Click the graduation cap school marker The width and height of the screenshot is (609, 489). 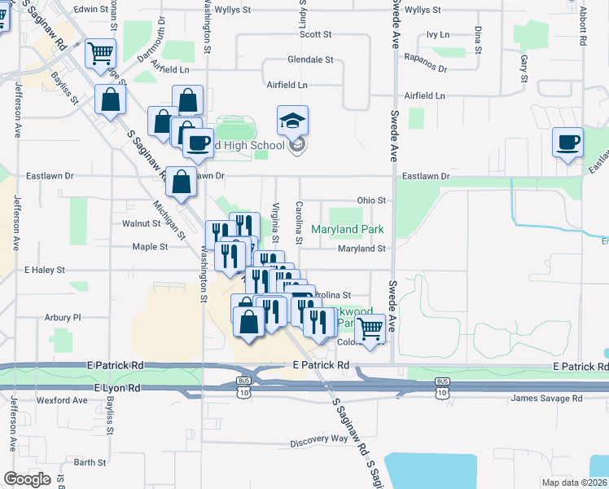(293, 121)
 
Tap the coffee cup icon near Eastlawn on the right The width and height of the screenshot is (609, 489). (567, 143)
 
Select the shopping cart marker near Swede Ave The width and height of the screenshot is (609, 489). (370, 330)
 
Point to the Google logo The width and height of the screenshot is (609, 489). (27, 479)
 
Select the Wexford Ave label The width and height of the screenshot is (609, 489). (61, 400)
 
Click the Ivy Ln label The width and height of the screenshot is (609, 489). (438, 35)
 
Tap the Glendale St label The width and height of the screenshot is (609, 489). (310, 59)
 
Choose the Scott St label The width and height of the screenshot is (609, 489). (316, 34)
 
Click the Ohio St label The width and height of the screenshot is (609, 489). (370, 200)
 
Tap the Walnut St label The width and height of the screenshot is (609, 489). (142, 222)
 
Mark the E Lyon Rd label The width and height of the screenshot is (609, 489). (117, 389)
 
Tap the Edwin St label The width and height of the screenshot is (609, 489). (90, 9)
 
